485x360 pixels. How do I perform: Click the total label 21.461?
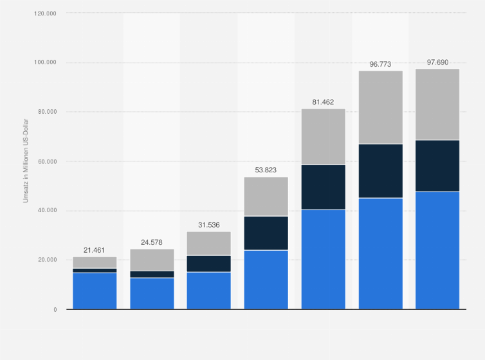(x=95, y=249)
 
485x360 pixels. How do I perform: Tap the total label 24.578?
(x=152, y=242)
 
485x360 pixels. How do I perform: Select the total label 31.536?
(x=208, y=225)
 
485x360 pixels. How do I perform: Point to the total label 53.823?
(x=266, y=170)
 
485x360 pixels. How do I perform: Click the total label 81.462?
(x=323, y=102)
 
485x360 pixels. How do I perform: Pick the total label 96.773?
(x=380, y=64)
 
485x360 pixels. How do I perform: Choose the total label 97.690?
(x=437, y=62)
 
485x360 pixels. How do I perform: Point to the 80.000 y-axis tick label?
(x=46, y=112)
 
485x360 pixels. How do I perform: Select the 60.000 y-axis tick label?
(x=46, y=161)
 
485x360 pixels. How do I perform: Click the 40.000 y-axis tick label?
(x=46, y=211)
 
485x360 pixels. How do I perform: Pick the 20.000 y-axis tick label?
(x=46, y=260)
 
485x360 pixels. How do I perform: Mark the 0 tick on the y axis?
(x=55, y=309)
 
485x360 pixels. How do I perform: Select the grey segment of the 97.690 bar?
(x=437, y=104)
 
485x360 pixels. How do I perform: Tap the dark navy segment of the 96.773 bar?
(x=380, y=171)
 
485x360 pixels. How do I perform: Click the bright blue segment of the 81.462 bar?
(x=323, y=259)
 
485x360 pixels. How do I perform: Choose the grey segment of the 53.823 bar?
(x=266, y=196)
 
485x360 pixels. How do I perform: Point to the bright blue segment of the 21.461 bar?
(x=95, y=291)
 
